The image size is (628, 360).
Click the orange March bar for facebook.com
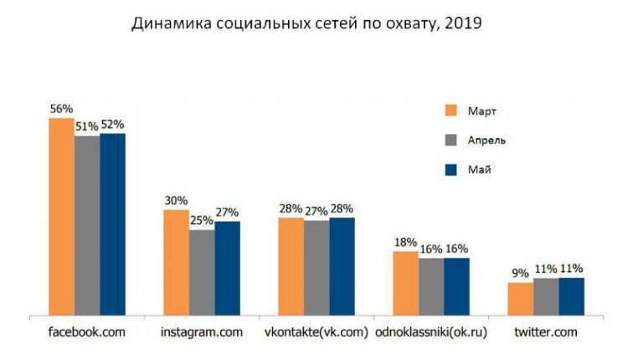coord(62,217)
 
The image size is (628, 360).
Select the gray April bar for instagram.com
coord(202,272)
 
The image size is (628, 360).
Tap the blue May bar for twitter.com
coord(572,296)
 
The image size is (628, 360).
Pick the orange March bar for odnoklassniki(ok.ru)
coord(406,283)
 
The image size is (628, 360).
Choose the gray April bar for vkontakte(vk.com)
coord(317,268)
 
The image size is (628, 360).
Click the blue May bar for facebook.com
coord(112,224)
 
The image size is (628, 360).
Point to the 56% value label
coord(61,109)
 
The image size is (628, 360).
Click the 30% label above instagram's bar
coord(176,201)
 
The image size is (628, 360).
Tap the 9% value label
coord(520,273)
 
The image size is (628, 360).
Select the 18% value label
coord(405,242)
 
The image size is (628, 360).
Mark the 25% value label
coord(202,220)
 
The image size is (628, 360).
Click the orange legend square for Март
coord(451,111)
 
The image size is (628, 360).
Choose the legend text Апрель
coord(486,140)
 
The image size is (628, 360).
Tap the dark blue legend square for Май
coord(451,169)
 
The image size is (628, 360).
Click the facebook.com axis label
coord(87,332)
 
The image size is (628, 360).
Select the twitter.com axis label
coord(546,332)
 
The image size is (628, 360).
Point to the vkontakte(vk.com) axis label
coord(317,332)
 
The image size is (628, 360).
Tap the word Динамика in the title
coord(172,23)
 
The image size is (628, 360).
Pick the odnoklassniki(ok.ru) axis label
coord(431,332)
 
